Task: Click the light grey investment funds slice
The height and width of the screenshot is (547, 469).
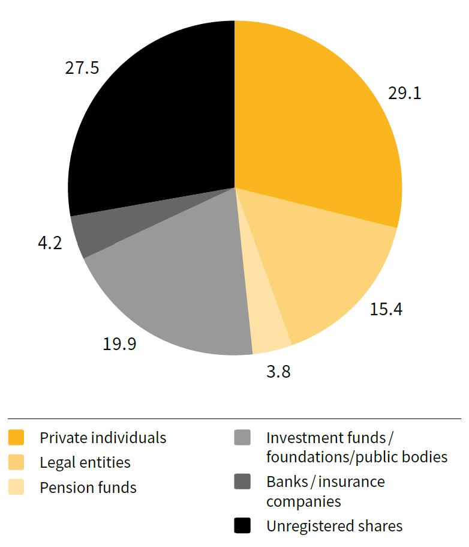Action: [174, 288]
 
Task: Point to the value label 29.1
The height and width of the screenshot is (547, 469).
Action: [405, 94]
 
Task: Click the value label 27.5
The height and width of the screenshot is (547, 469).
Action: [82, 67]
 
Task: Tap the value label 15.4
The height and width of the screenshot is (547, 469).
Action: [386, 309]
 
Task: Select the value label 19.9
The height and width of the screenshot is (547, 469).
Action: [119, 344]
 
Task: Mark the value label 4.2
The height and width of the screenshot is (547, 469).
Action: [49, 244]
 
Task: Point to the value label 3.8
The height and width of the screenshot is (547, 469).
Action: [278, 372]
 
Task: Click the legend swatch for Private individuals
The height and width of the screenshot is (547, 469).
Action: [17, 438]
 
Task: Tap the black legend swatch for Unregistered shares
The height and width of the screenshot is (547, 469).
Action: [242, 526]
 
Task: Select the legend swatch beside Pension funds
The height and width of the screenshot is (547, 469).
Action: [17, 487]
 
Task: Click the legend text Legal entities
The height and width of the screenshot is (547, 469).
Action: [85, 462]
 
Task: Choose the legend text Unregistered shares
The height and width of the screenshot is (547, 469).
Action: [334, 526]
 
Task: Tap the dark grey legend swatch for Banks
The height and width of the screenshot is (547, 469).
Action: [242, 482]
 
